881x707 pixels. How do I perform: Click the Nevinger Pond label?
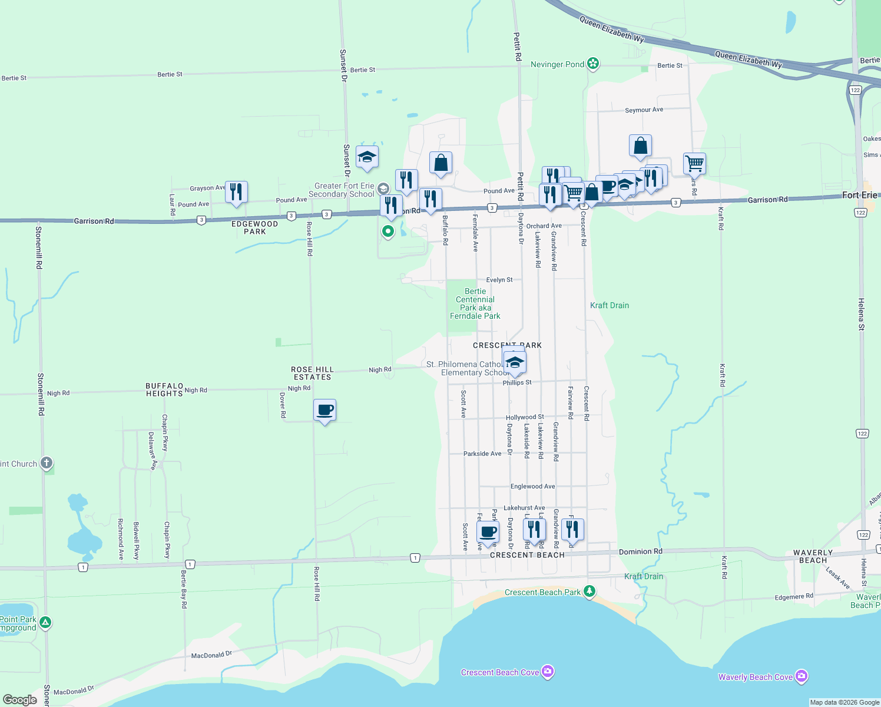(557, 64)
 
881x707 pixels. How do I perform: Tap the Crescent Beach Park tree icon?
(589, 591)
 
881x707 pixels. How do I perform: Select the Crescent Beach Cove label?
(499, 672)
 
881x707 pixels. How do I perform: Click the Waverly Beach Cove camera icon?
(801, 676)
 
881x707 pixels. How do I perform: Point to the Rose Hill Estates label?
(312, 374)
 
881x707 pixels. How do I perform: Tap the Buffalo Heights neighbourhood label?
(164, 390)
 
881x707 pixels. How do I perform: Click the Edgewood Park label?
(254, 228)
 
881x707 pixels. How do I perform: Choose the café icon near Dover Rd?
(324, 410)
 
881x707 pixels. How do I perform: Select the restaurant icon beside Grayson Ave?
(236, 191)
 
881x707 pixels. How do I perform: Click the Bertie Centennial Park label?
(475, 303)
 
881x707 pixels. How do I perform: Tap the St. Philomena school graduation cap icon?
(515, 362)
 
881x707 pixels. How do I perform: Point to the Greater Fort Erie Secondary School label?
(342, 190)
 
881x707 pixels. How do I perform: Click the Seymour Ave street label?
(644, 110)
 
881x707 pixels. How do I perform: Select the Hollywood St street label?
(525, 417)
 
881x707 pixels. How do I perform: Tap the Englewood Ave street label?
(532, 487)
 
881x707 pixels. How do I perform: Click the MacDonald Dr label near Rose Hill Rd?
(211, 655)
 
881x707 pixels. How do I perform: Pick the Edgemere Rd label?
(794, 597)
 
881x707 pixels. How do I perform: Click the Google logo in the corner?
(19, 700)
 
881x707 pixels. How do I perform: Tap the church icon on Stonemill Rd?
(47, 463)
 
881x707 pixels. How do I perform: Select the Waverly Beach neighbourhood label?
(813, 557)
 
